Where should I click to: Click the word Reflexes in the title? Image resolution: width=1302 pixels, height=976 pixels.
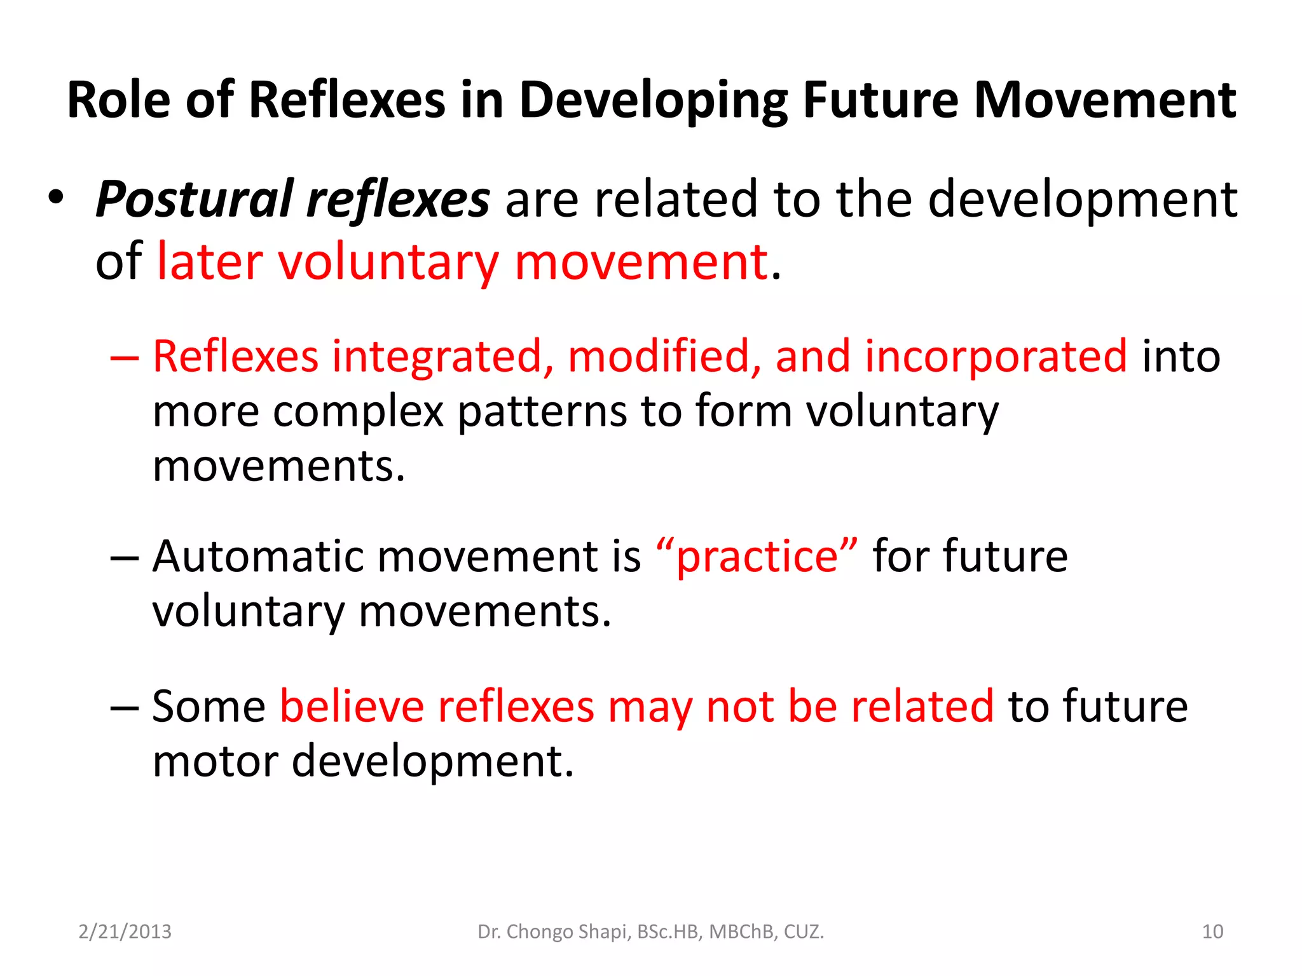347,100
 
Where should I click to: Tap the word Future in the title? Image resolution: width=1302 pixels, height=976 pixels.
880,100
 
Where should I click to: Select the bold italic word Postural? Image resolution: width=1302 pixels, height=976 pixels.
195,200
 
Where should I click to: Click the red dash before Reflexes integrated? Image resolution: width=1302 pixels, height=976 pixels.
124,357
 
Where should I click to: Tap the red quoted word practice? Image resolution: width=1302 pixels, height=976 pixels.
757,557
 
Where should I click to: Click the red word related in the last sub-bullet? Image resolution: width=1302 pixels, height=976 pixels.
922,706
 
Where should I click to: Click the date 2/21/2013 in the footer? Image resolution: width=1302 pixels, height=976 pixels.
125,932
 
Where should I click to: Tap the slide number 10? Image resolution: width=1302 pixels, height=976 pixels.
1212,932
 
